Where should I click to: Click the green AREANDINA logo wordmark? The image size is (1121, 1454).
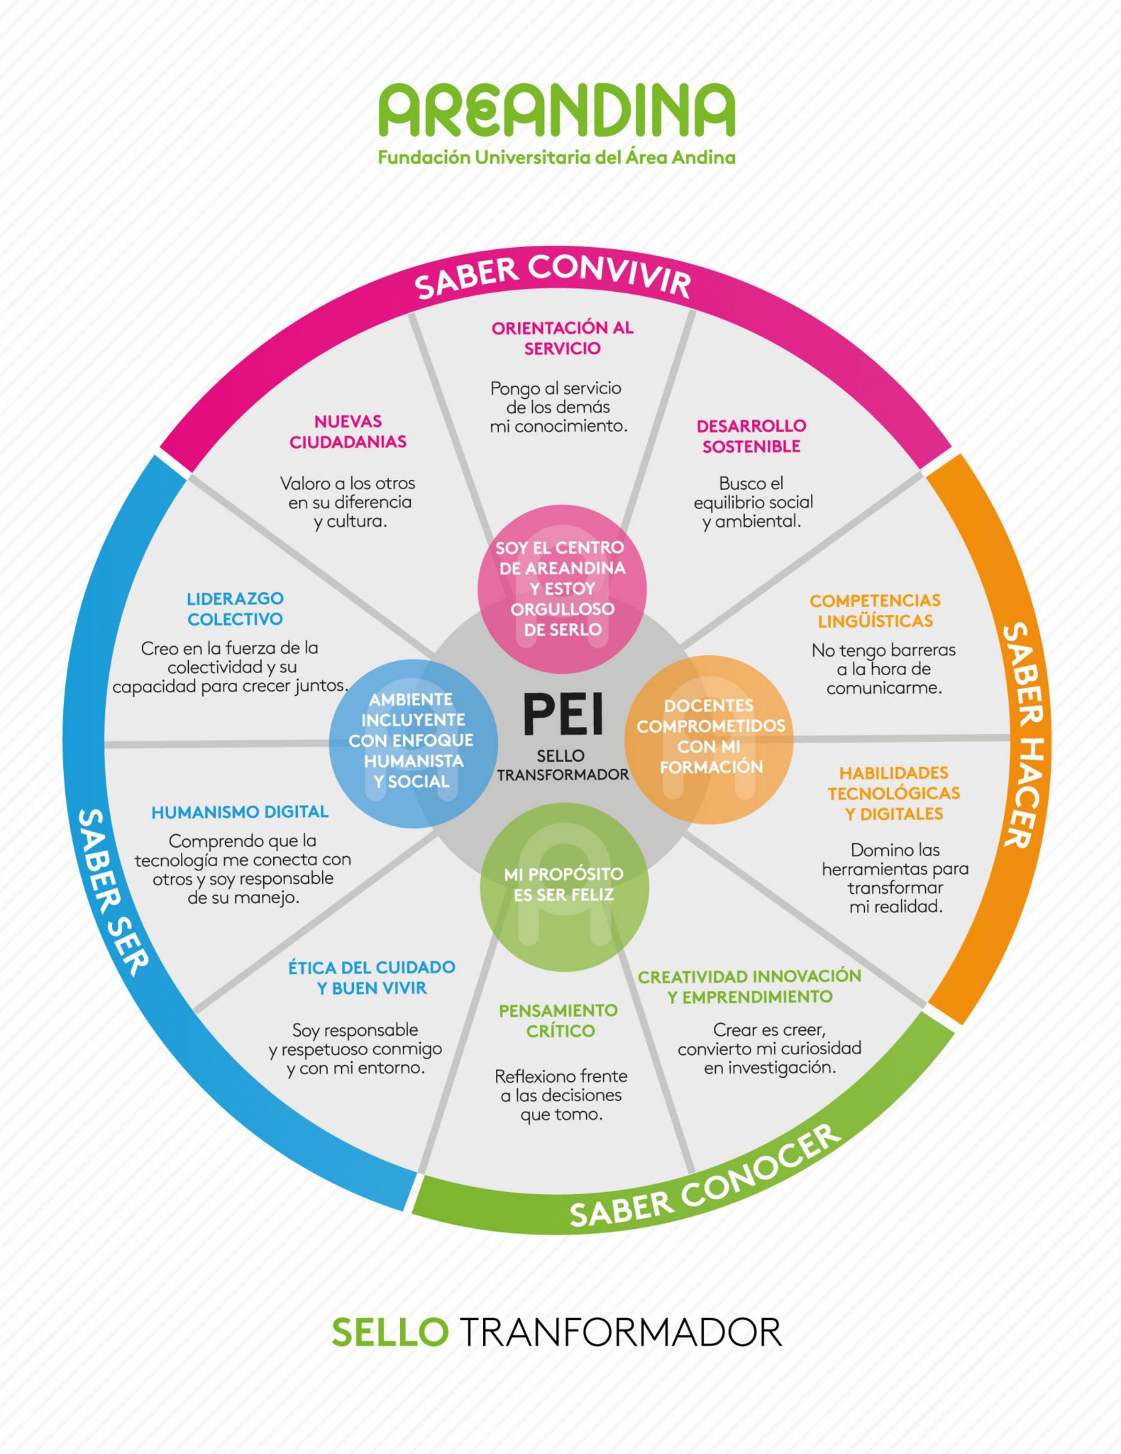[x=557, y=110]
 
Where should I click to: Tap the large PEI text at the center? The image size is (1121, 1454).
[x=563, y=714]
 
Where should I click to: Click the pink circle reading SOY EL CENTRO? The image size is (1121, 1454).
[x=562, y=589]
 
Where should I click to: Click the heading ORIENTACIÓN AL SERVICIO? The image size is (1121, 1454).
[x=562, y=338]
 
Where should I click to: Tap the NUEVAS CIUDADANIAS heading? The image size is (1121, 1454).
[x=348, y=432]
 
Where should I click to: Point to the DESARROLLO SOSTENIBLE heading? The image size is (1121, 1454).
[x=751, y=436]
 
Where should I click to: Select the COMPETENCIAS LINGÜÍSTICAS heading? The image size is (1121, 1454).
[x=875, y=611]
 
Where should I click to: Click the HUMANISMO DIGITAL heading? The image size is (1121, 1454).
[x=240, y=811]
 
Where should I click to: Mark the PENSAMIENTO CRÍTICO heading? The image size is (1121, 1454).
[x=559, y=1020]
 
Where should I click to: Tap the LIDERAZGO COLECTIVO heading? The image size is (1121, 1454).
[x=235, y=608]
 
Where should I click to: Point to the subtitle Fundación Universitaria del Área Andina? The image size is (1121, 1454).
[x=557, y=158]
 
